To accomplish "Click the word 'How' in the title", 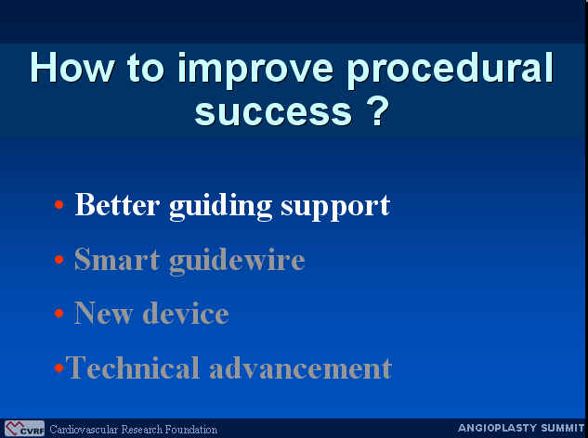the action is (72, 68).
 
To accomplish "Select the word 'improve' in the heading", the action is (255, 71).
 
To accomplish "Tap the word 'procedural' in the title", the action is (450, 71).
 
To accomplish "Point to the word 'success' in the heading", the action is (273, 112).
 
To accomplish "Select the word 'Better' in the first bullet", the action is (117, 204).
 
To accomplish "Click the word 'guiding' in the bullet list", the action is (221, 207).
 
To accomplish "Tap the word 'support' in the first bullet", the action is (335, 208).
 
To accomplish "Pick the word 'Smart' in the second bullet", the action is (117, 259).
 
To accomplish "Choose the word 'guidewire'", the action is (237, 261).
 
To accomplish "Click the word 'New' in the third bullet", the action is (103, 313).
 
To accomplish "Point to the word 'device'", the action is (186, 313).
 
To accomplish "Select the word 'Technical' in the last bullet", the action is (133, 367).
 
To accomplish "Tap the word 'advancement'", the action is (301, 367).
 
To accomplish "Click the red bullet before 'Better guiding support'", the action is (59, 204).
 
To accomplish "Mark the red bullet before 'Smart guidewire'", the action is (59, 259).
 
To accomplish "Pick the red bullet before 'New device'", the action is (59, 313).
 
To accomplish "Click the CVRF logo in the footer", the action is (24, 429).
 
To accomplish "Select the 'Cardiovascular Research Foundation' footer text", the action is (133, 430).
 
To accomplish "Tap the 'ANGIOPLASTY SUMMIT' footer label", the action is (521, 428).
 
